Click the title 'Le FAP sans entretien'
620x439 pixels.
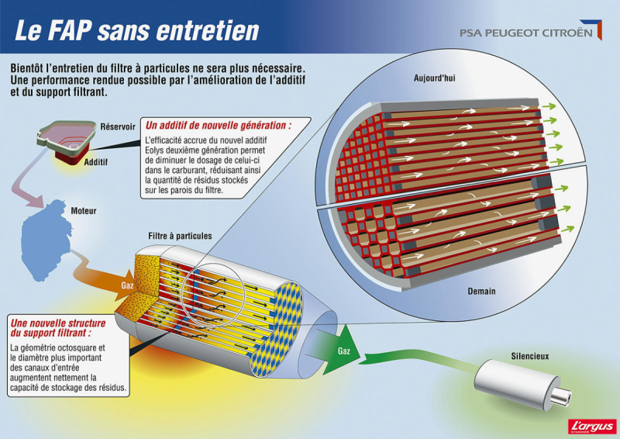(137, 30)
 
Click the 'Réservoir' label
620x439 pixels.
(118, 126)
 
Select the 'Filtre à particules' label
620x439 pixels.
(180, 236)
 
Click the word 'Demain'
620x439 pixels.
(481, 291)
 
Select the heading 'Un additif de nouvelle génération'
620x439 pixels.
(219, 125)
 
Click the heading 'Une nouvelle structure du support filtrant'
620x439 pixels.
(58, 327)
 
